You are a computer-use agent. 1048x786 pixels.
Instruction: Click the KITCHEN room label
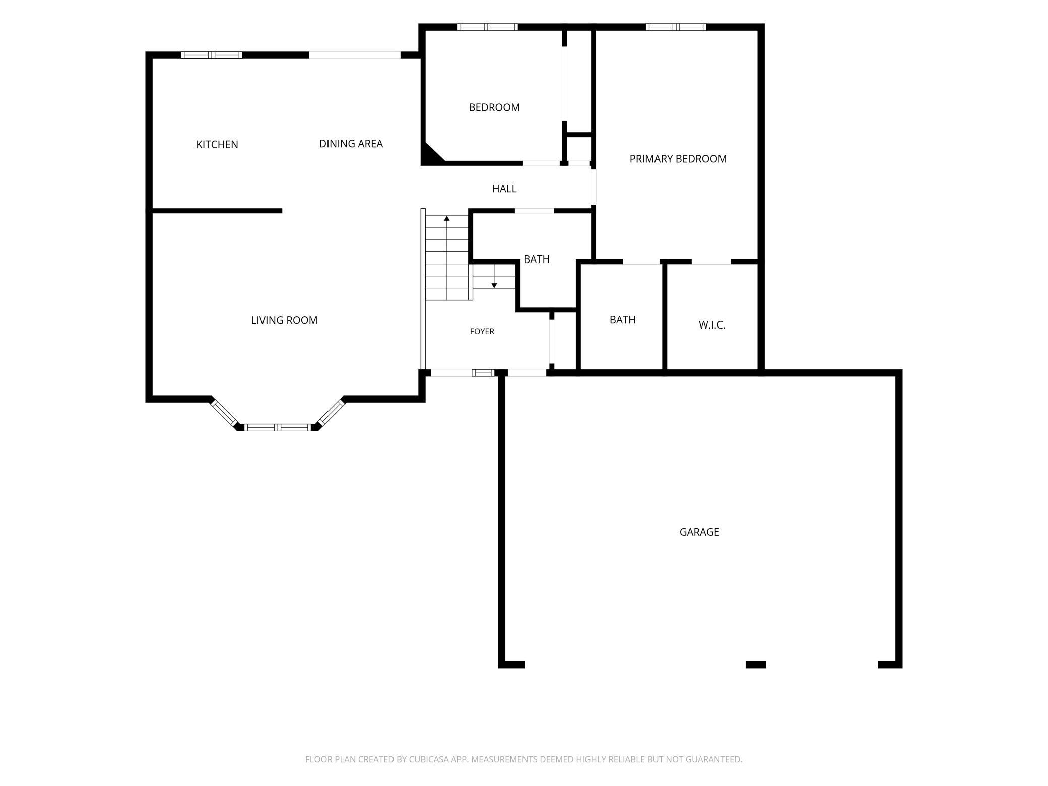pyautogui.click(x=217, y=145)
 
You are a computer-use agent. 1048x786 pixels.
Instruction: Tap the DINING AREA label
pyautogui.click(x=351, y=144)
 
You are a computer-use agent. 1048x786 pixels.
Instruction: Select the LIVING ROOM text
pyautogui.click(x=284, y=320)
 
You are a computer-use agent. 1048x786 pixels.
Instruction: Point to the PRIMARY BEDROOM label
pyautogui.click(x=678, y=159)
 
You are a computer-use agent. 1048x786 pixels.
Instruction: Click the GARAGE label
pyautogui.click(x=699, y=532)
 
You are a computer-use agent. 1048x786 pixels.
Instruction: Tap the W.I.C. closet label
pyautogui.click(x=712, y=325)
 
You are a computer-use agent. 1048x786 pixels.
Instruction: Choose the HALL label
pyautogui.click(x=504, y=189)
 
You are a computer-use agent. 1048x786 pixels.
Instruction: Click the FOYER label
pyautogui.click(x=482, y=331)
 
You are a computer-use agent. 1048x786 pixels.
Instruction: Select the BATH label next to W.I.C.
pyautogui.click(x=622, y=320)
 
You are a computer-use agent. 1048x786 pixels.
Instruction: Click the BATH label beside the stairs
pyautogui.click(x=536, y=259)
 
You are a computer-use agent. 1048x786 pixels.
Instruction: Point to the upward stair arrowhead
pyautogui.click(x=446, y=218)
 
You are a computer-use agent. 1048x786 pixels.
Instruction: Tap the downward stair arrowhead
pyautogui.click(x=494, y=286)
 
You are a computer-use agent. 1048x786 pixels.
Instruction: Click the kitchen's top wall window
pyautogui.click(x=212, y=55)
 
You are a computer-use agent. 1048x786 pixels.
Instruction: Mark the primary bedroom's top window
pyautogui.click(x=676, y=27)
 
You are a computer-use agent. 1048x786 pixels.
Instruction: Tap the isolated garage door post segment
pyautogui.click(x=755, y=665)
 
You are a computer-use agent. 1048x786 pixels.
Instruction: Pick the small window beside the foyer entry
pyautogui.click(x=483, y=373)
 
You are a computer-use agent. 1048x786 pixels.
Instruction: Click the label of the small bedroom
pyautogui.click(x=494, y=107)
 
